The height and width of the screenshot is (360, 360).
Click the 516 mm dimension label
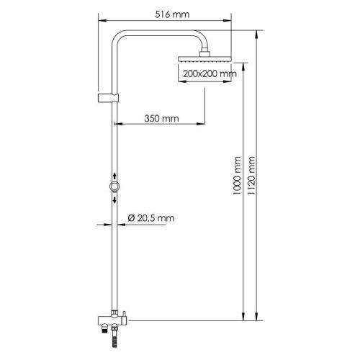click(171, 14)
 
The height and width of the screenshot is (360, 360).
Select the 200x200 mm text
click(210, 74)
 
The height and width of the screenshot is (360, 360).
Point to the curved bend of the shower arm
click(120, 37)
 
